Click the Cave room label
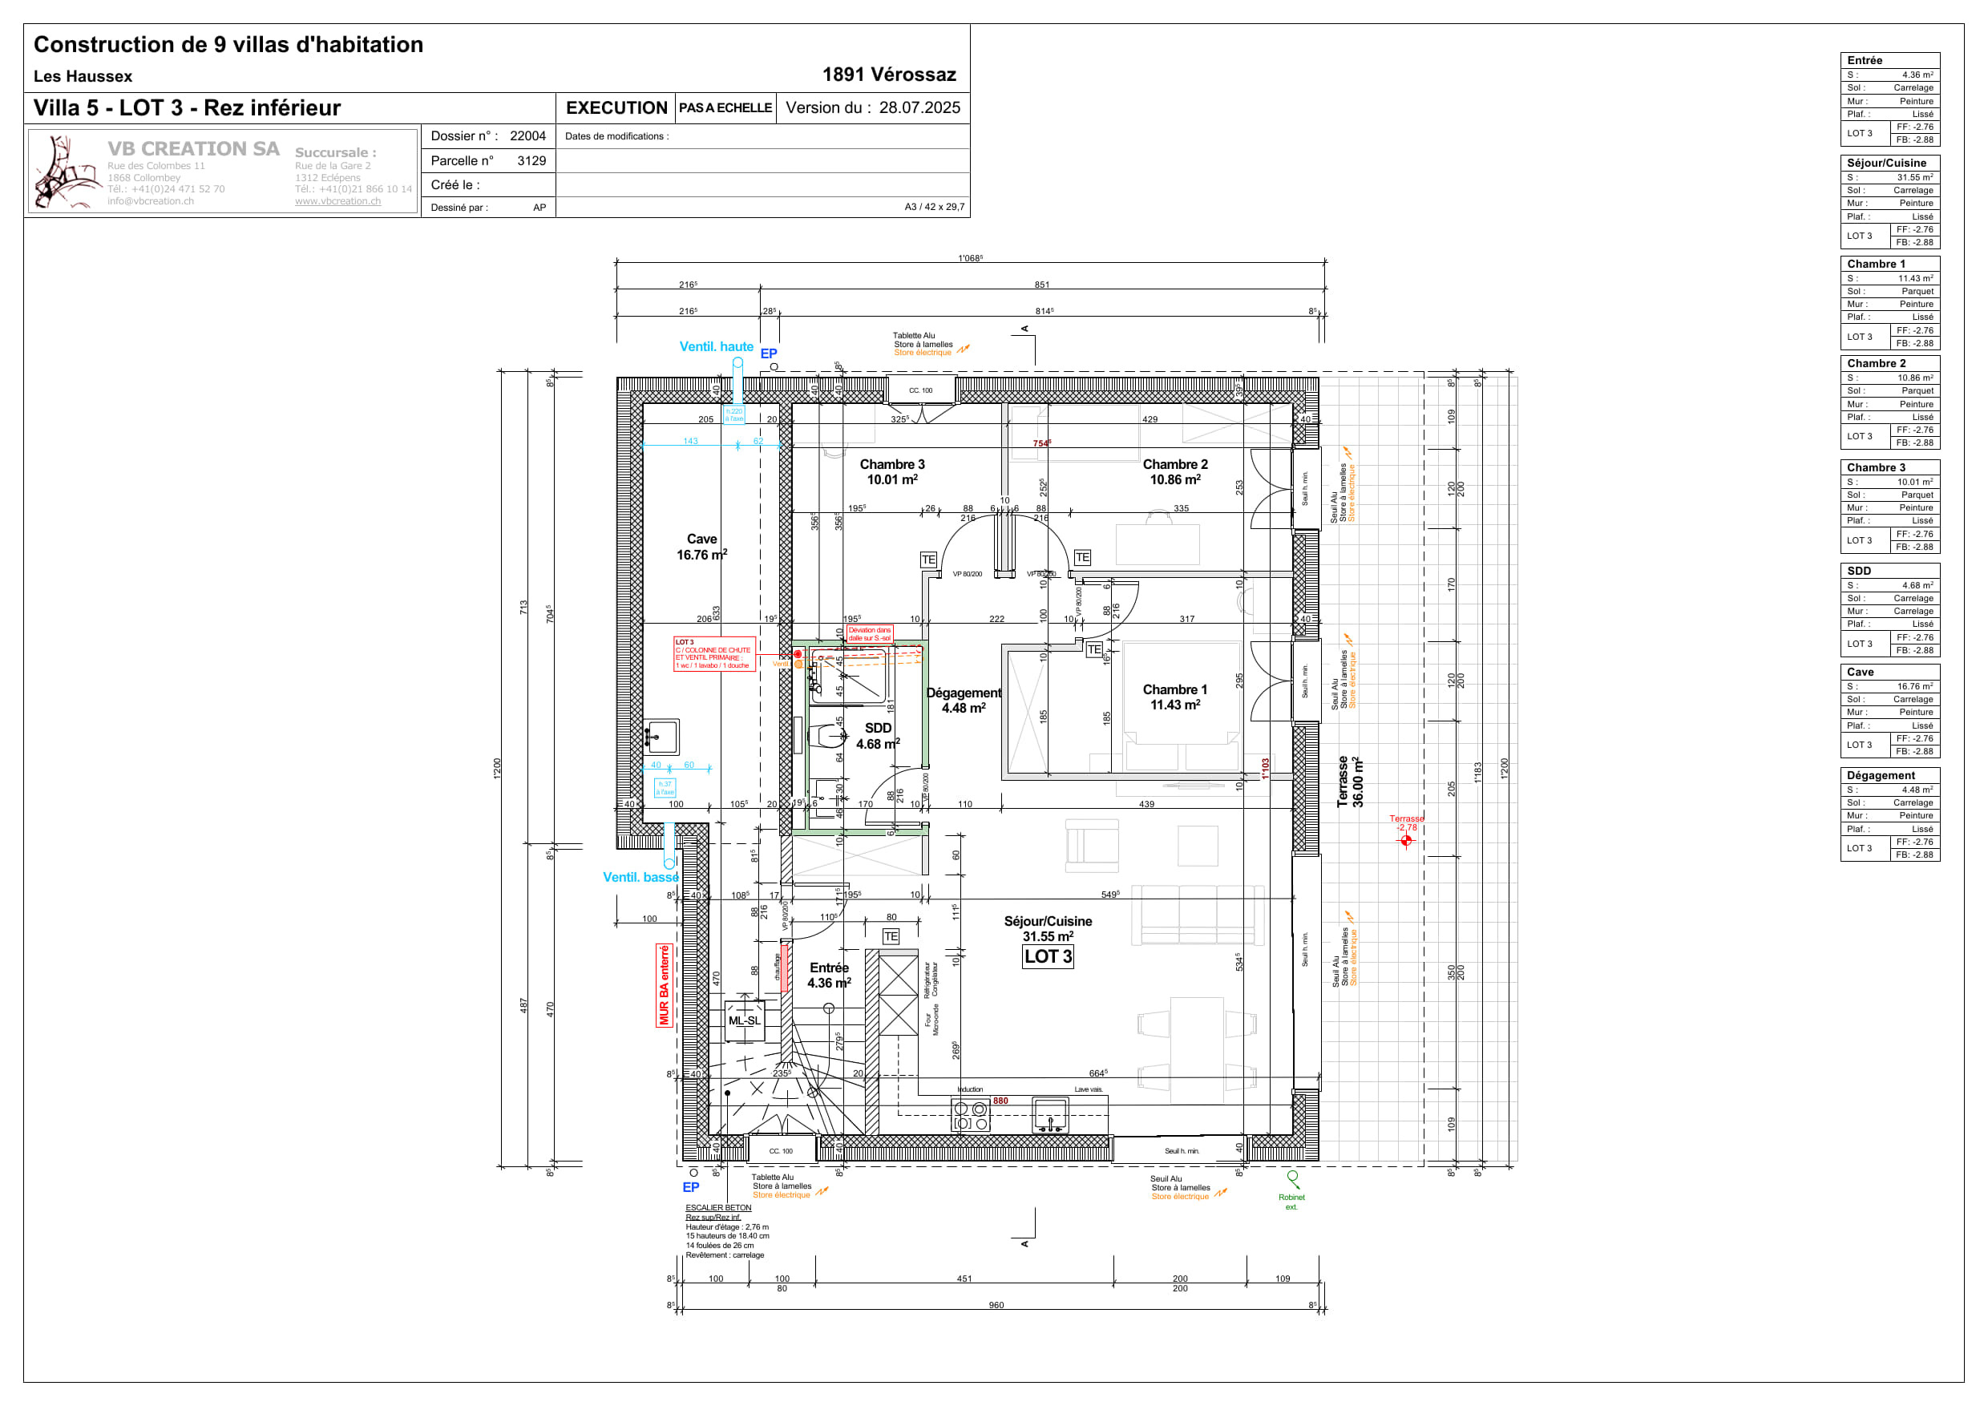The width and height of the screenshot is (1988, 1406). click(701, 539)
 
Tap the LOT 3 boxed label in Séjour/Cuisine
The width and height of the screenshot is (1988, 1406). click(1048, 956)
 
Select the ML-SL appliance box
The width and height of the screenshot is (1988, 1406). click(744, 1020)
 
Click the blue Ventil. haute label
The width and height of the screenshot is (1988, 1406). click(716, 346)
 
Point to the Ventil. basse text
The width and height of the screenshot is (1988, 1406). click(640, 877)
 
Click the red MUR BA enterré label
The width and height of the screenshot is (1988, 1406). click(664, 985)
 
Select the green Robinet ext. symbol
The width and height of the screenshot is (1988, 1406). click(1292, 1178)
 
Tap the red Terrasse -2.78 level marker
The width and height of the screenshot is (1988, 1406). click(1406, 839)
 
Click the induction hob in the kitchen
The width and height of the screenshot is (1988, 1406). click(971, 1115)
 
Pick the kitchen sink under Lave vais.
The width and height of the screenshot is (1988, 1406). click(1050, 1114)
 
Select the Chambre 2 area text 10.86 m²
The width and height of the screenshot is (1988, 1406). click(1174, 479)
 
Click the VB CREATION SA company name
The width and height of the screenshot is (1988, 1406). click(193, 149)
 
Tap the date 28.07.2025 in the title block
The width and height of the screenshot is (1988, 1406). click(919, 107)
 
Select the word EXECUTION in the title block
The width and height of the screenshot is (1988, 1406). click(616, 107)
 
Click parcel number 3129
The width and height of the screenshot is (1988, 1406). click(531, 160)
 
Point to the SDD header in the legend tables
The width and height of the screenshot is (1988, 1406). click(1859, 571)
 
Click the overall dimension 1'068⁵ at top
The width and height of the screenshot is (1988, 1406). click(970, 258)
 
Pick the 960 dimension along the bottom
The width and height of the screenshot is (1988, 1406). click(996, 1305)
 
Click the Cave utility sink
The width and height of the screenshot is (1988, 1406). click(661, 737)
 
